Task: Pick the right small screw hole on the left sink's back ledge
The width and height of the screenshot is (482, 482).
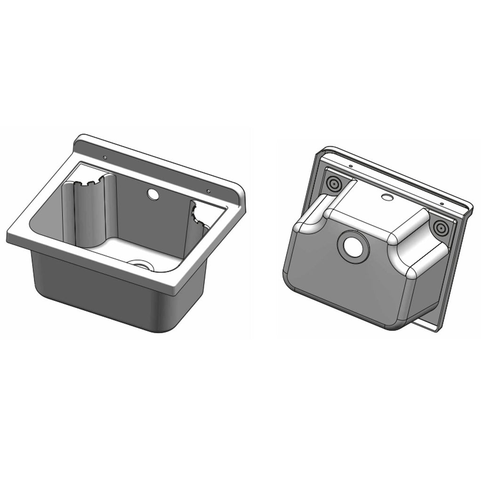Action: (208, 191)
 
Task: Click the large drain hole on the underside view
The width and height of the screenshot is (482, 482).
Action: (352, 245)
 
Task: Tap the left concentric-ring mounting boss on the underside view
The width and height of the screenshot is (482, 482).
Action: (334, 184)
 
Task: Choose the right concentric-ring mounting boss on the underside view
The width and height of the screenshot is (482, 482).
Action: (441, 228)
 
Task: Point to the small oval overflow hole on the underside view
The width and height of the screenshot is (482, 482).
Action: (387, 197)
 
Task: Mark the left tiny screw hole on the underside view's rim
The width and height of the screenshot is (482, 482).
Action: (351, 166)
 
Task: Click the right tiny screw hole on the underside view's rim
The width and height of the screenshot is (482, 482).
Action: (442, 204)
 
